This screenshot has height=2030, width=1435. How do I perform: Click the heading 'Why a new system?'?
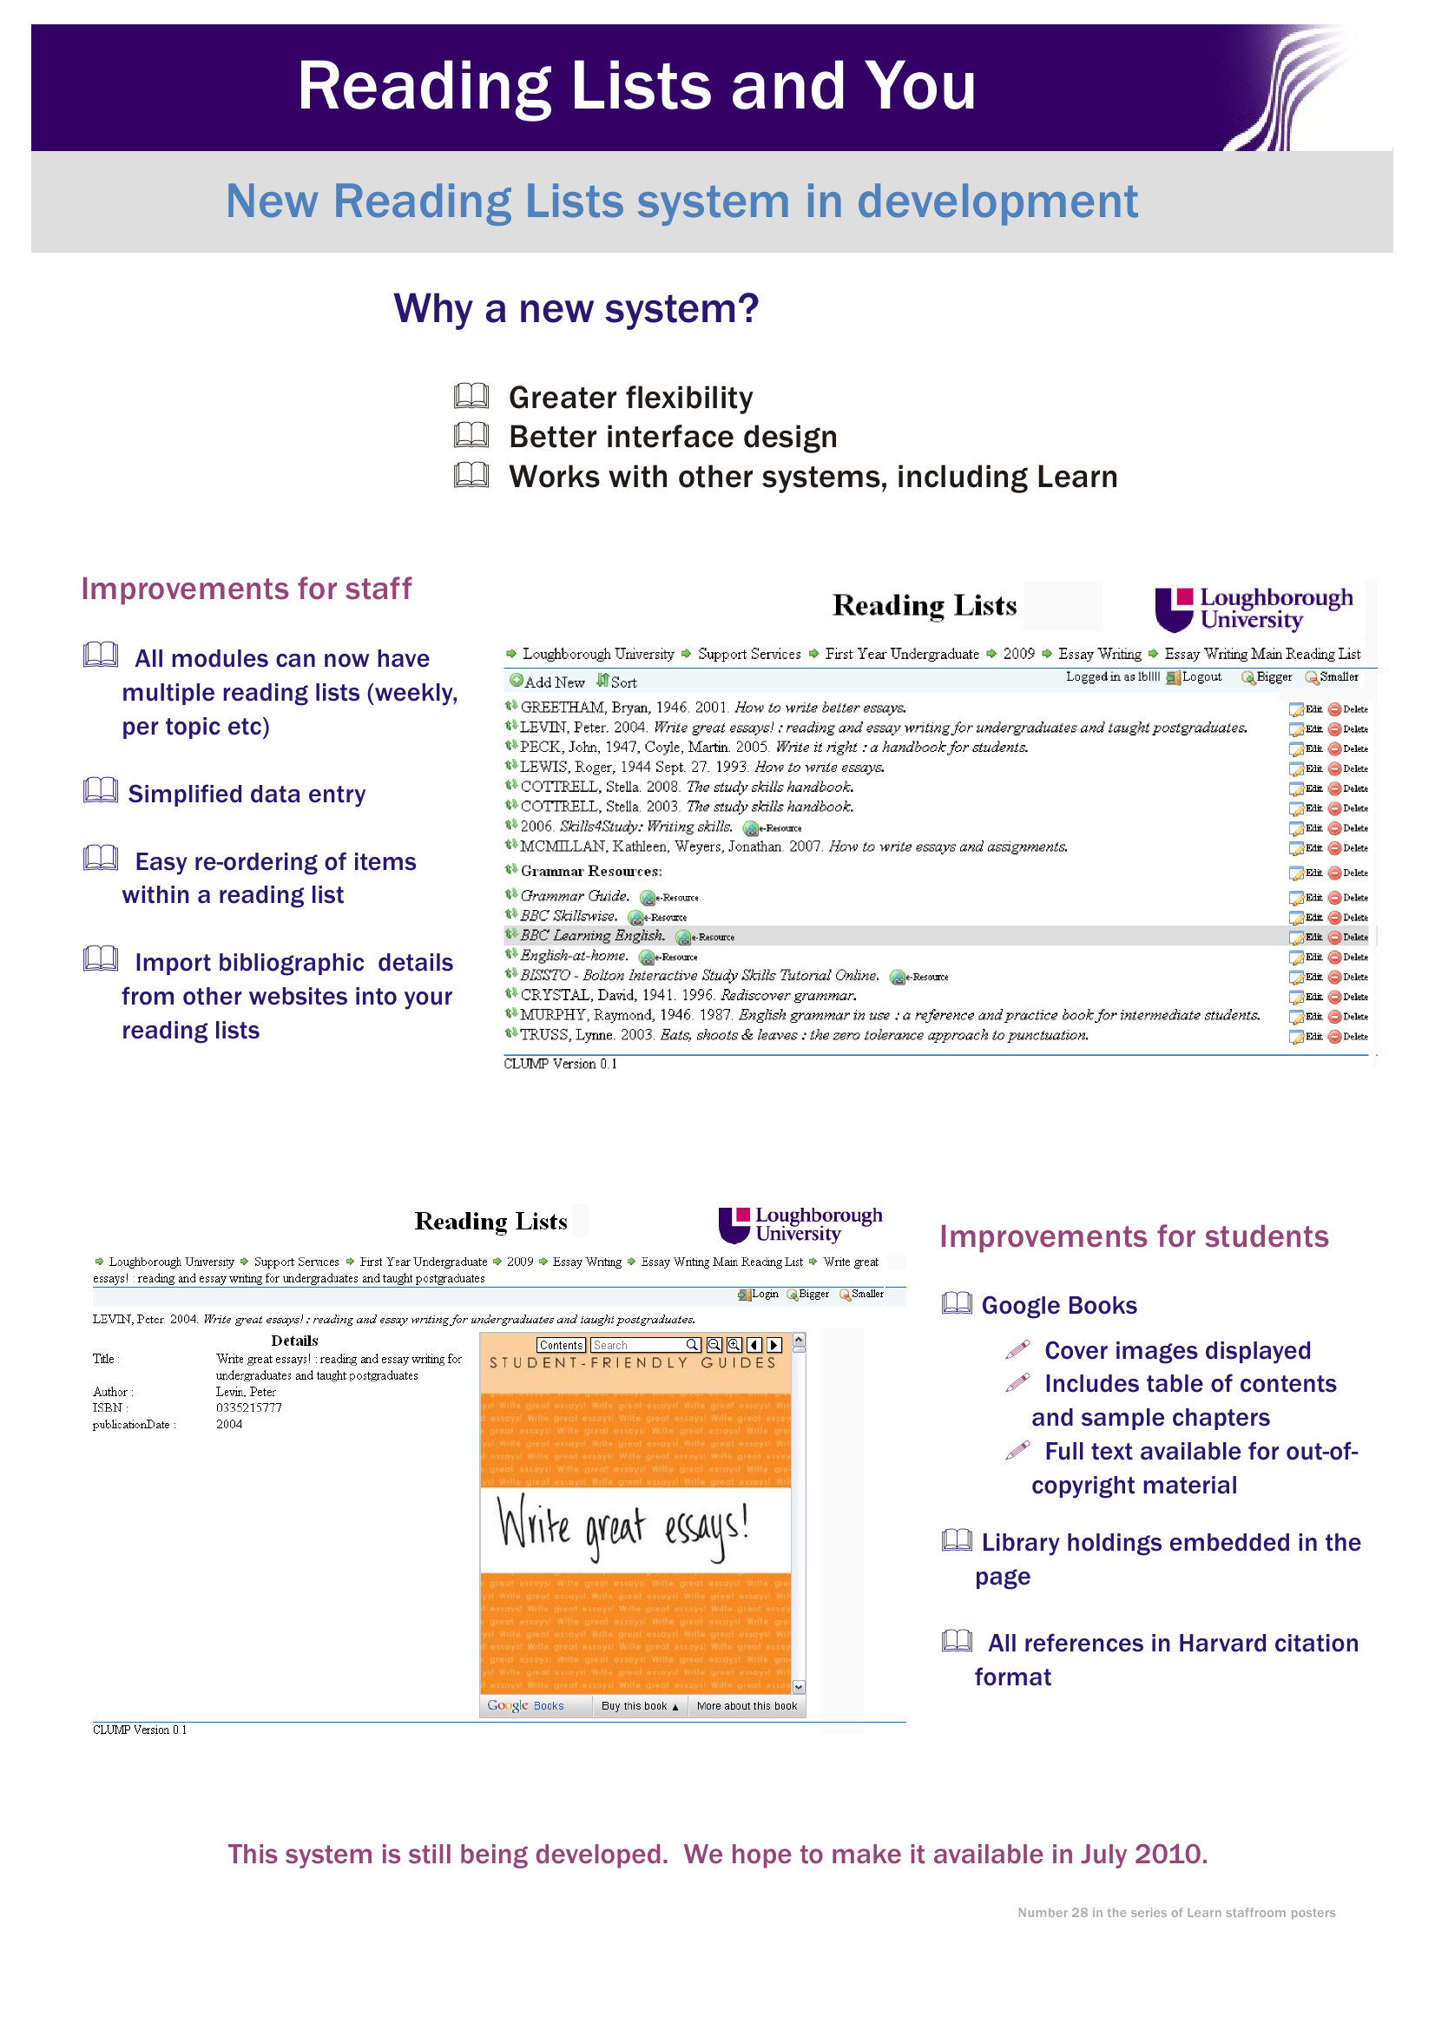click(x=576, y=308)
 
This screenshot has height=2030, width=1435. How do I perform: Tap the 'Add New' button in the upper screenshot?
click(x=547, y=682)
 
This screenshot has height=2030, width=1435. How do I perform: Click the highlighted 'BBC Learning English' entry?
click(x=591, y=935)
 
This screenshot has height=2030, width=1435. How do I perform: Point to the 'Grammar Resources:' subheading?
click(x=590, y=872)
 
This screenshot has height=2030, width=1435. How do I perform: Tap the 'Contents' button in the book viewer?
click(x=561, y=1345)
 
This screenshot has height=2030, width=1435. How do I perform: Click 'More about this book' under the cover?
click(x=747, y=1706)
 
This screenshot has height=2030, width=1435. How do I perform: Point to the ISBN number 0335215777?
click(x=248, y=1407)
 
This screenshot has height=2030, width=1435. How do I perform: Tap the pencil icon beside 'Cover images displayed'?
click(x=1017, y=1349)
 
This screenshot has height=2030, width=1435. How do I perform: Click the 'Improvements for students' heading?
click(x=1134, y=1236)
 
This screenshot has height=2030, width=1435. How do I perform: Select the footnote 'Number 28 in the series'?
click(x=1176, y=1913)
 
